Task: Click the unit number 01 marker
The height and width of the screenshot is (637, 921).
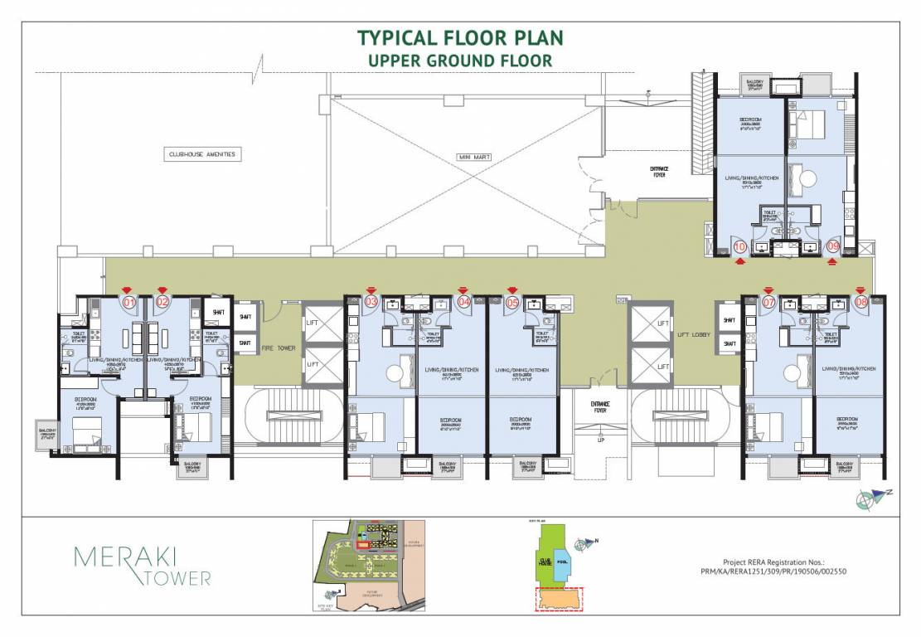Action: [129, 303]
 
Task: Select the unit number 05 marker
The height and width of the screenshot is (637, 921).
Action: [512, 303]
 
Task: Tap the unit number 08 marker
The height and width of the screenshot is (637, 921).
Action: [861, 303]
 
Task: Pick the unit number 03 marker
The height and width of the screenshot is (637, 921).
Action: [371, 303]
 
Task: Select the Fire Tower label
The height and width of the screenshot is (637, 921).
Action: [279, 348]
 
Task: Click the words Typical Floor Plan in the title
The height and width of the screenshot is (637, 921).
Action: [460, 38]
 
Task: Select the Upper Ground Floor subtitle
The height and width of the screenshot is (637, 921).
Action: [460, 61]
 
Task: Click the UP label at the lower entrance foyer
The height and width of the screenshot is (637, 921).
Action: [601, 440]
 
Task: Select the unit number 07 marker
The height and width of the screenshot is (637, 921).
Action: [769, 303]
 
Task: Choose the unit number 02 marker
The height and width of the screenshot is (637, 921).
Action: [162, 303]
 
